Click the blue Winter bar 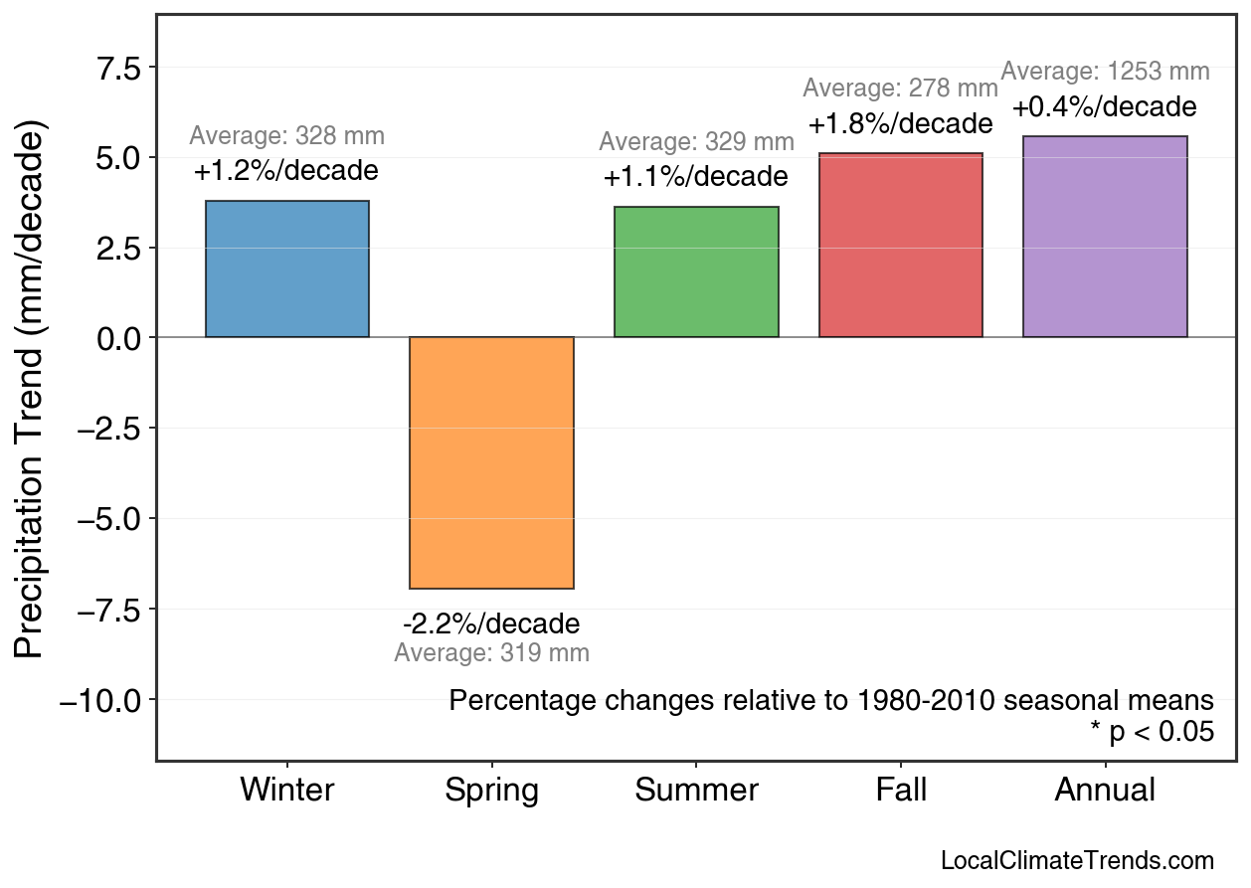click(287, 269)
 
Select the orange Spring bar click(491, 462)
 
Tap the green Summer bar click(696, 272)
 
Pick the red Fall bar click(901, 246)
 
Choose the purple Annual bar click(1105, 237)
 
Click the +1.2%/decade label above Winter click(286, 171)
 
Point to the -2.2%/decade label click(491, 624)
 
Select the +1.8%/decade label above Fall click(901, 124)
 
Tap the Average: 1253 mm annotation click(1105, 72)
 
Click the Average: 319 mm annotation click(491, 653)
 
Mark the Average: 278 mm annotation click(901, 88)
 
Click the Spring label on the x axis click(491, 791)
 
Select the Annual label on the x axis click(1105, 791)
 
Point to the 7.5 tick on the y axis click(118, 67)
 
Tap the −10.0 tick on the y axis click(101, 700)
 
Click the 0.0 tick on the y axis click(118, 338)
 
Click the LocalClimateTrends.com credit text click(1077, 861)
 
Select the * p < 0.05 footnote click(1152, 732)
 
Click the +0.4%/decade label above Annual click(1105, 106)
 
